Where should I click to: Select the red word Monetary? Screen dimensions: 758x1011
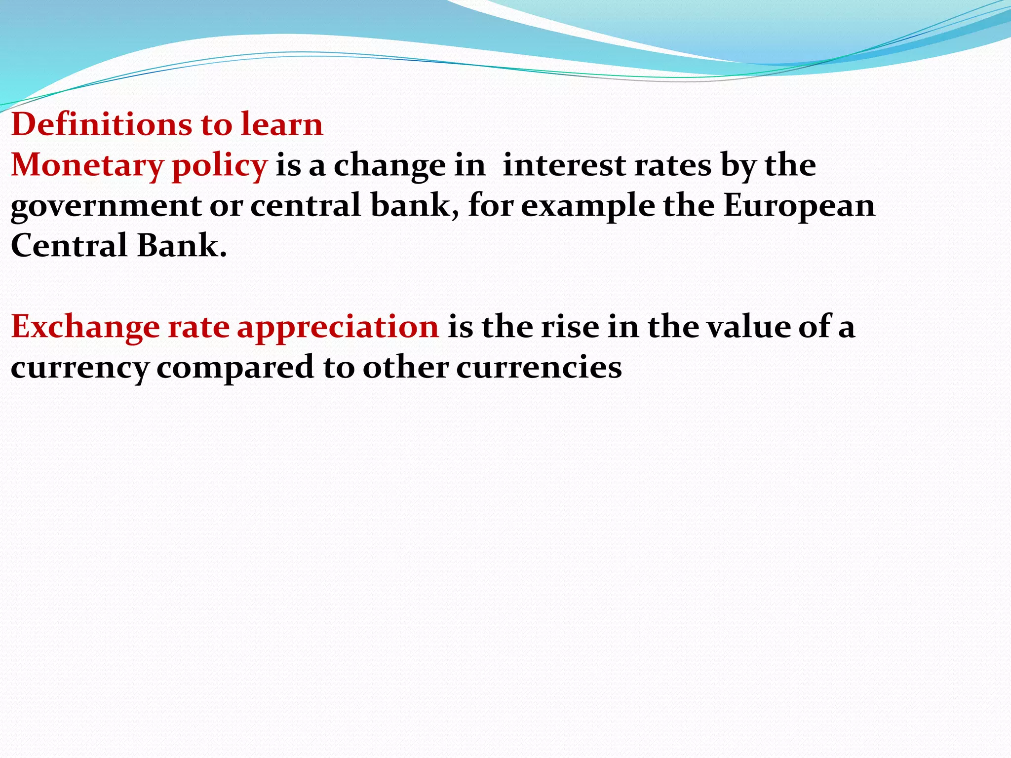coord(86,165)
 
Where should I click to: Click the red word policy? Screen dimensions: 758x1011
coord(219,166)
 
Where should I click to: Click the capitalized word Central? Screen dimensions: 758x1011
coord(69,246)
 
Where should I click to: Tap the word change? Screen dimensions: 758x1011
coord(389,166)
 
